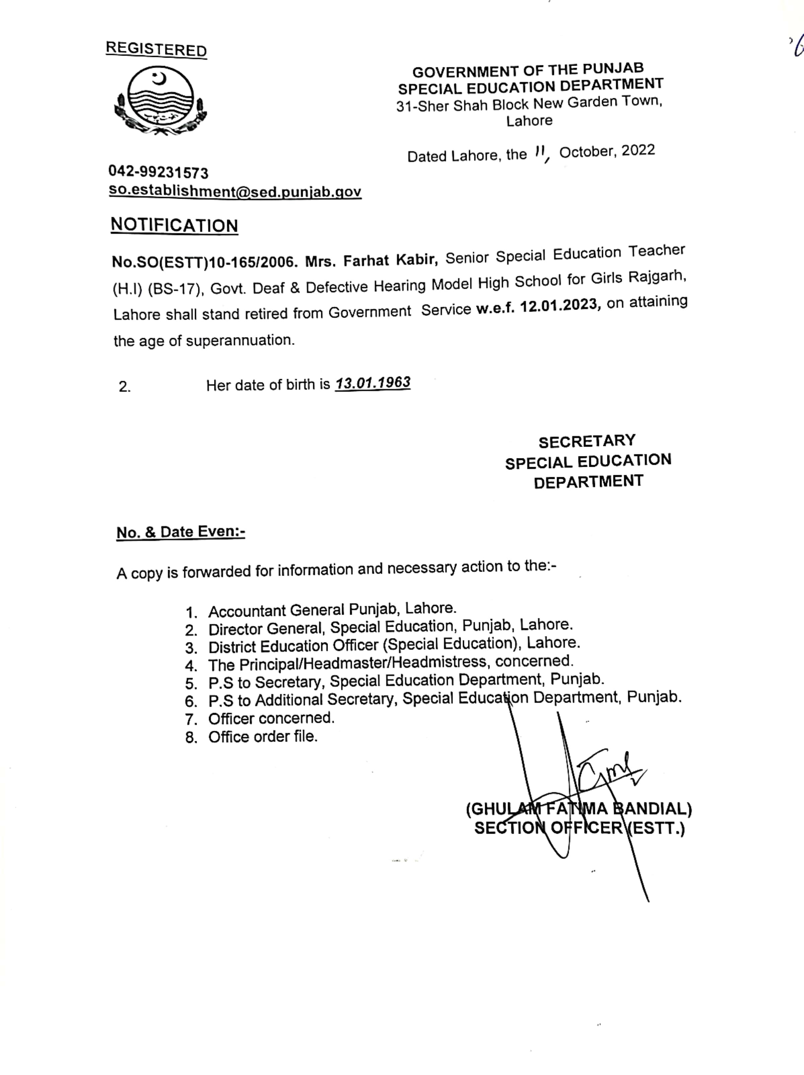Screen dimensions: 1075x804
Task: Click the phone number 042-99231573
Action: tap(158, 173)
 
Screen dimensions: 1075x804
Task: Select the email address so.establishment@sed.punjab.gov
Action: tap(234, 191)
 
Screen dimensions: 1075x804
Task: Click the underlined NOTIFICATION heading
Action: tap(175, 226)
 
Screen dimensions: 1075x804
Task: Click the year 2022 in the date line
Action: tap(638, 150)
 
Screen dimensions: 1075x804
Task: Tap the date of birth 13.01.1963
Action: tap(373, 383)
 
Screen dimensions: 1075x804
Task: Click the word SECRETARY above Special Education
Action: tap(587, 441)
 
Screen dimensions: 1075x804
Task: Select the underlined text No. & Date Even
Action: tap(180, 532)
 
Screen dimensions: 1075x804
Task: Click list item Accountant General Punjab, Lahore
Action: tap(332, 610)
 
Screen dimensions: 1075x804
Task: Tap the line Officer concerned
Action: tap(271, 718)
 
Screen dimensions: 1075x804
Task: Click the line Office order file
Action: tap(263, 737)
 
